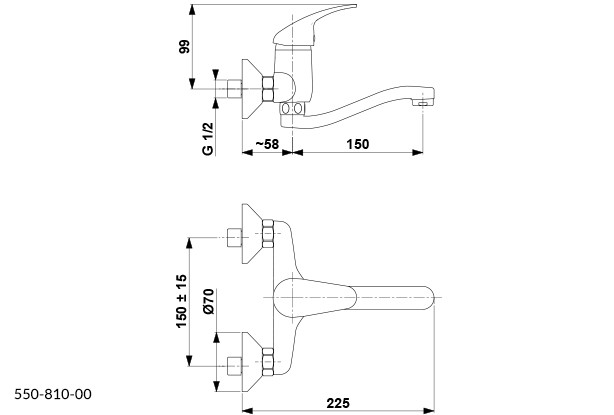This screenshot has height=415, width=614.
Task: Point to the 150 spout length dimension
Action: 357,144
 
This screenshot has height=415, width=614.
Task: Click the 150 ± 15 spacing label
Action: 181,298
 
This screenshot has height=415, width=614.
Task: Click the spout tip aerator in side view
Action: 428,101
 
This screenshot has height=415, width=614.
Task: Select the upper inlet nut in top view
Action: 236,238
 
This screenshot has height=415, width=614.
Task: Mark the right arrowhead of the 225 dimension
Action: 433,409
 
